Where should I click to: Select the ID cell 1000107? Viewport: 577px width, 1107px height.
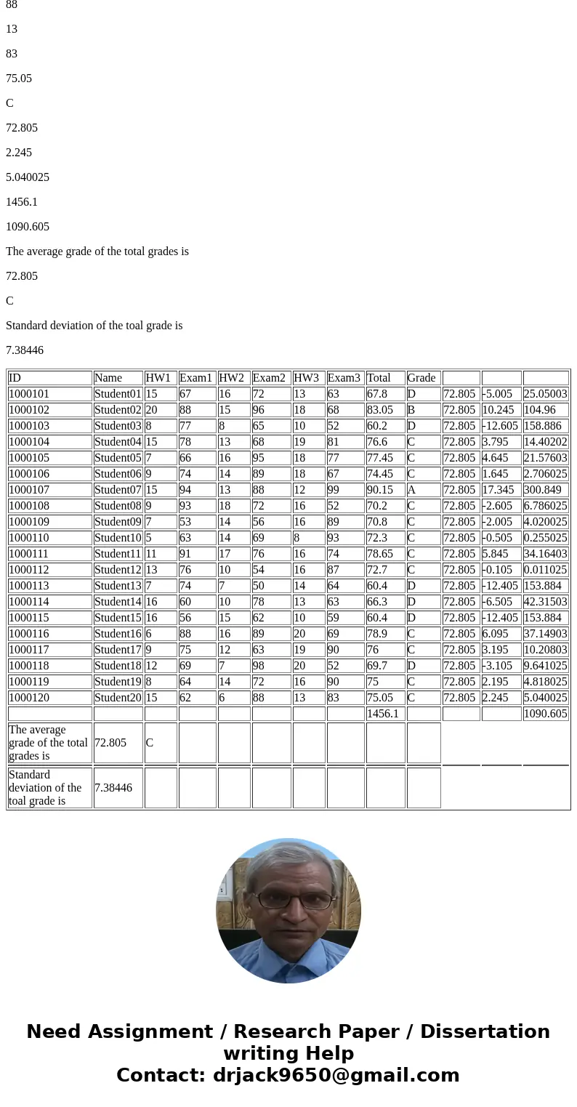pyautogui.click(x=49, y=490)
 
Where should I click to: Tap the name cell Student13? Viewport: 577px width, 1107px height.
pyautogui.click(x=118, y=586)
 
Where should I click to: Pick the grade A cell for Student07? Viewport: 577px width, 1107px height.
pyautogui.click(x=423, y=490)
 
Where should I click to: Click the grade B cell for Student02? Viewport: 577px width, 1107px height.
pyautogui.click(x=423, y=410)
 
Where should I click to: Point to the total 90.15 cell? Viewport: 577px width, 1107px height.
pyautogui.click(x=385, y=490)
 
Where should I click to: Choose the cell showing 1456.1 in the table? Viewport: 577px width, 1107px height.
pyautogui.click(x=385, y=714)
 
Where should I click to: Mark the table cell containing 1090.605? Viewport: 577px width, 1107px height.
pyautogui.click(x=545, y=714)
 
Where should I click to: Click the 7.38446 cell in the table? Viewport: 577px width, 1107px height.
pyautogui.click(x=117, y=787)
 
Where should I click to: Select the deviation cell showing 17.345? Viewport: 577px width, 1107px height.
pyautogui.click(x=500, y=490)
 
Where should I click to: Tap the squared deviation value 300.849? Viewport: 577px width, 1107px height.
pyautogui.click(x=545, y=490)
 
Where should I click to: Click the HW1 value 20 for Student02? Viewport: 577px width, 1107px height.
pyautogui.click(x=160, y=410)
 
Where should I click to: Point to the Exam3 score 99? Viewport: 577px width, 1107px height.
pyautogui.click(x=345, y=490)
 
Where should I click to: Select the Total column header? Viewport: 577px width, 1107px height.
pyautogui.click(x=385, y=378)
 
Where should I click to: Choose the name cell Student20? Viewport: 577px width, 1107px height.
pyautogui.click(x=118, y=698)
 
